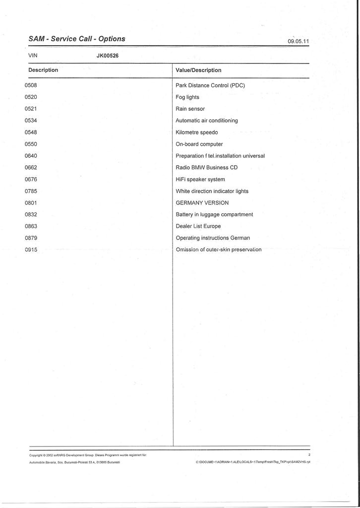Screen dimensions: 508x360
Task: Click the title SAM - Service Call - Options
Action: coord(77,39)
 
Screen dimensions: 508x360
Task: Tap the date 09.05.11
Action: coord(299,41)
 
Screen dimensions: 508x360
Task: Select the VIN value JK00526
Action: coord(108,56)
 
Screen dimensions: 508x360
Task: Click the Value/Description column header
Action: coord(198,70)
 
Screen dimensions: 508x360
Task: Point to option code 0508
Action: coord(31,85)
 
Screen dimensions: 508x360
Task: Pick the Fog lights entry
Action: coord(187,97)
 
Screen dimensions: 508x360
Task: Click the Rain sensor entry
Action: coord(190,109)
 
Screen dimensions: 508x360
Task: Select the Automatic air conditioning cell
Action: coord(207,121)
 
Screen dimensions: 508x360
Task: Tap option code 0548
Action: coord(31,132)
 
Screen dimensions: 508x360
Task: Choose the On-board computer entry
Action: coord(199,144)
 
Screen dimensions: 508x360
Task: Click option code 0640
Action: coord(31,156)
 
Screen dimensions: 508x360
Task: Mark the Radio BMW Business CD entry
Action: coord(207,168)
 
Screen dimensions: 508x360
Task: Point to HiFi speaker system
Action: coord(200,180)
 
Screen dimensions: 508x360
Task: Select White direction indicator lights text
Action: coord(212,191)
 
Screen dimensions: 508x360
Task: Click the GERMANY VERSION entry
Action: coord(202,203)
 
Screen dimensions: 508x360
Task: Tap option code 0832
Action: coord(31,214)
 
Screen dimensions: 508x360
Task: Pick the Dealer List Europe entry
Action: coord(198,226)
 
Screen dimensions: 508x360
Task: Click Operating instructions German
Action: coord(213,238)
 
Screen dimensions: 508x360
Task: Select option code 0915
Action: coord(31,250)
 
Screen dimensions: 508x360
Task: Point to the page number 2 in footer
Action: coord(309,454)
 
